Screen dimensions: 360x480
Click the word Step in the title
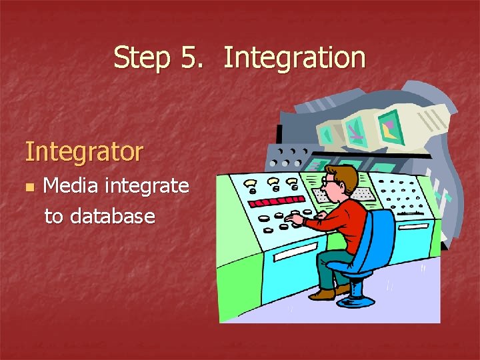141,57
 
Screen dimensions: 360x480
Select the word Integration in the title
295,57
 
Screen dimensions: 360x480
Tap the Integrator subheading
84,151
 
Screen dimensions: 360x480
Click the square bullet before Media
29,187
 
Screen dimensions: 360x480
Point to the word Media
73,185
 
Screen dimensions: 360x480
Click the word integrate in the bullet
149,186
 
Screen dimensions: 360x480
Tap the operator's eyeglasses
329,180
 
